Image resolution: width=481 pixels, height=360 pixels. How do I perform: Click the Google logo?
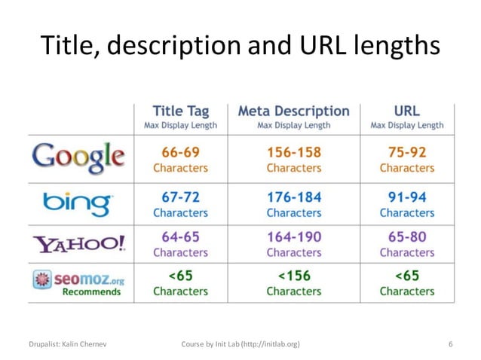pyautogui.click(x=78, y=157)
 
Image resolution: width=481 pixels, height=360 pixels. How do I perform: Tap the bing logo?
pyautogui.click(x=78, y=203)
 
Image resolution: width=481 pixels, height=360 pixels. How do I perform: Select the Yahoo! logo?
pyautogui.click(x=79, y=243)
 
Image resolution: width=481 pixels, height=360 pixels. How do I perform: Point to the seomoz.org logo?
pyautogui.click(x=79, y=283)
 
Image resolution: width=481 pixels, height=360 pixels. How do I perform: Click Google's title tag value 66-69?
pyautogui.click(x=180, y=152)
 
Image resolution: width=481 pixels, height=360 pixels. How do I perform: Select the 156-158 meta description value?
pyautogui.click(x=293, y=152)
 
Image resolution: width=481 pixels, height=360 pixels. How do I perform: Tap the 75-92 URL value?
pyautogui.click(x=407, y=152)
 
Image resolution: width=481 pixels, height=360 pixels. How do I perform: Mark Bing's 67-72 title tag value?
pyautogui.click(x=180, y=197)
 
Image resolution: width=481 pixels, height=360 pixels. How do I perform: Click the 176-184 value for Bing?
pyautogui.click(x=293, y=197)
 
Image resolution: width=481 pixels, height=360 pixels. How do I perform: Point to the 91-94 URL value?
pyautogui.click(x=407, y=197)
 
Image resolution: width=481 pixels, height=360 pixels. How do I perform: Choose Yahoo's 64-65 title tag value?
pyautogui.click(x=180, y=236)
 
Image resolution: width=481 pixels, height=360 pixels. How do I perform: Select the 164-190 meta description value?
pyautogui.click(x=293, y=236)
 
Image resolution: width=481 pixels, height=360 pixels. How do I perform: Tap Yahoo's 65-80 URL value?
pyautogui.click(x=407, y=236)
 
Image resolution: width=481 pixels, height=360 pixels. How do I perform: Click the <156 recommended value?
pyautogui.click(x=293, y=276)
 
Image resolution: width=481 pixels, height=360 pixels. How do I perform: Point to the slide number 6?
pyautogui.click(x=450, y=344)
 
